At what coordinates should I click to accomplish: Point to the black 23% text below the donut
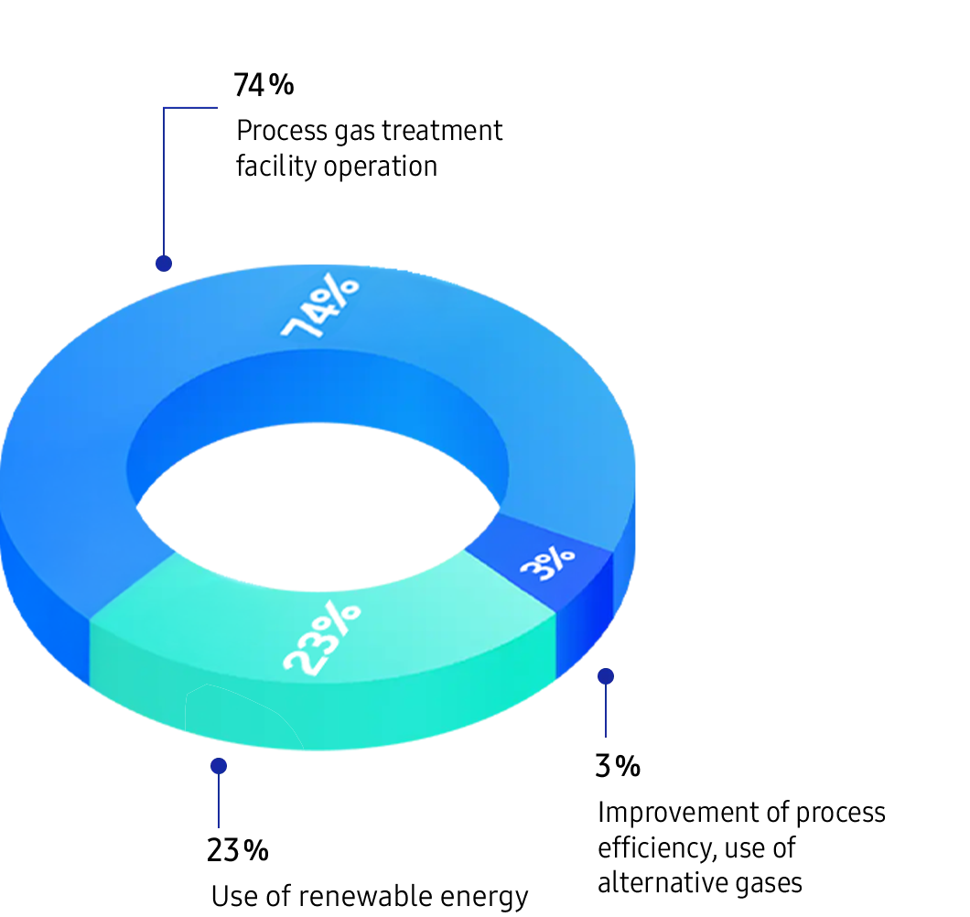237,851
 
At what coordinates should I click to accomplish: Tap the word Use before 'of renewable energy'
233,895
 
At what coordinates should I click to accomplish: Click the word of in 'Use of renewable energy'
277,895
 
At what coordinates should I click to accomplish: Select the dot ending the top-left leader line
164,264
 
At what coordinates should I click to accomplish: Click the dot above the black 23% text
219,766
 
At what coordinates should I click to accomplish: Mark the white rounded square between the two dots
609,698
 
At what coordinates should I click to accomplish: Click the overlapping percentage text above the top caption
264,85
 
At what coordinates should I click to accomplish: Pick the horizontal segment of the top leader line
190,107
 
